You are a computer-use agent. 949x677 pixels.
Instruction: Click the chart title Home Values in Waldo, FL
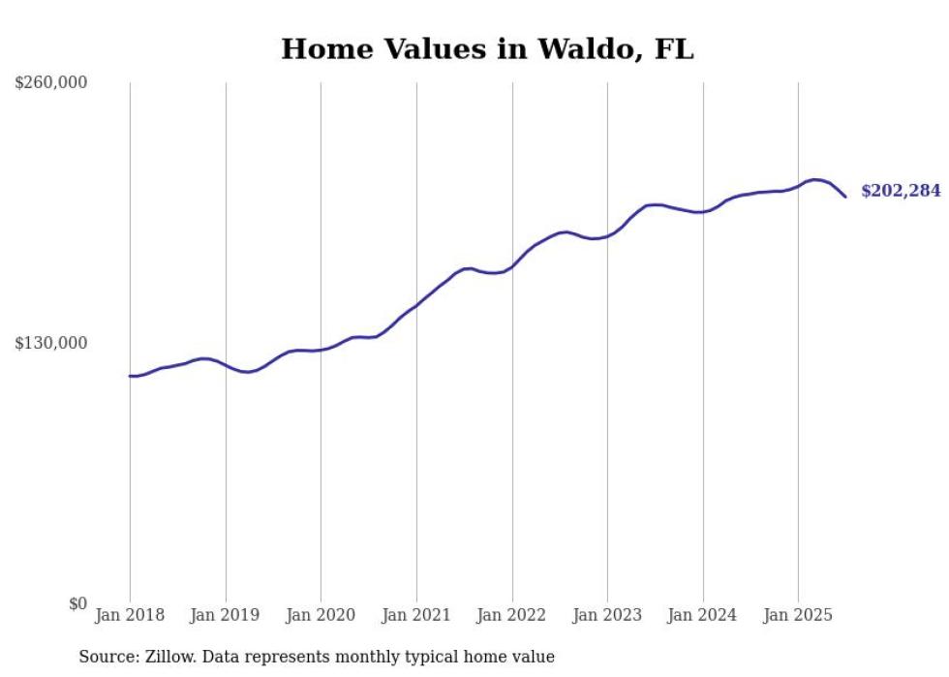[487, 49]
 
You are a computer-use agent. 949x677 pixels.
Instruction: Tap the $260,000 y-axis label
[51, 83]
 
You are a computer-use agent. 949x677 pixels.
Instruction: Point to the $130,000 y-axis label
[51, 343]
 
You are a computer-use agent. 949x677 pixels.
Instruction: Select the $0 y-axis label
[77, 603]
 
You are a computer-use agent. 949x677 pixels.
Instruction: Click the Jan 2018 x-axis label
[130, 615]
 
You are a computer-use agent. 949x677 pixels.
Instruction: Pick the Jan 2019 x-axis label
[226, 615]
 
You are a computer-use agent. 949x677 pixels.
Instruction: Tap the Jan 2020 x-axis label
[321, 615]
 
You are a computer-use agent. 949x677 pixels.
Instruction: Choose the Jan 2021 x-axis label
[416, 615]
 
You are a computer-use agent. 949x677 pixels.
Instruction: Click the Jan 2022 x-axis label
[512, 615]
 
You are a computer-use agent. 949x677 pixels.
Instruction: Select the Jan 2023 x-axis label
[607, 615]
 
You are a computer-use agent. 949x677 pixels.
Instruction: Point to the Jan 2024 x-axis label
[703, 615]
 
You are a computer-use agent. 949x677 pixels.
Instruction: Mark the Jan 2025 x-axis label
[798, 615]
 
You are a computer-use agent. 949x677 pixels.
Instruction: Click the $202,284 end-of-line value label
[901, 192]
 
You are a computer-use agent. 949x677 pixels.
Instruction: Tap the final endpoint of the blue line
[845, 197]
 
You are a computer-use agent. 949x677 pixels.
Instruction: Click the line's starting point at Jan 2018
[130, 376]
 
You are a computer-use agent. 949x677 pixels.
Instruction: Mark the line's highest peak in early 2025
[815, 179]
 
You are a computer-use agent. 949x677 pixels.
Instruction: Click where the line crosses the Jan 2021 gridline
[416, 305]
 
